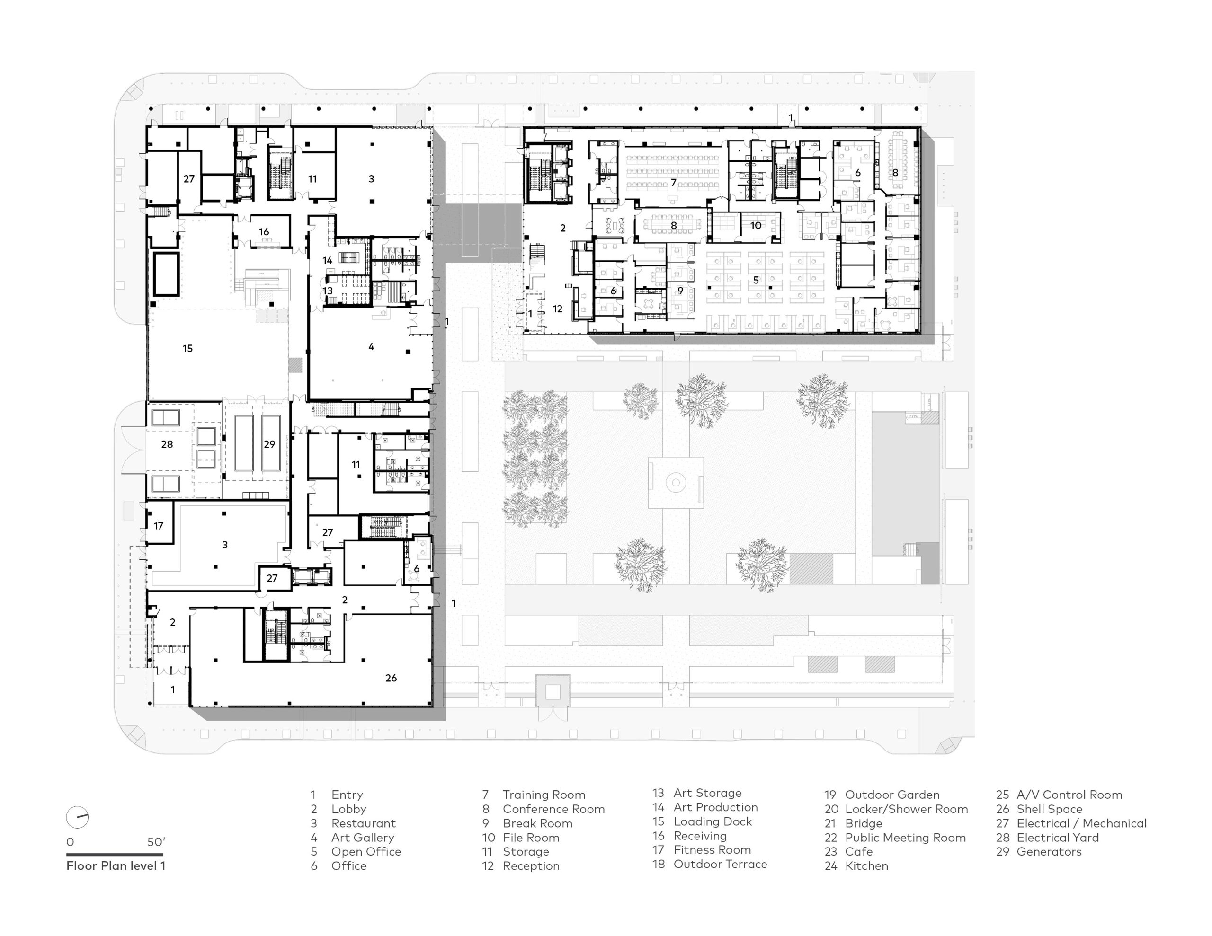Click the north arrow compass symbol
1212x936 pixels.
point(77,817)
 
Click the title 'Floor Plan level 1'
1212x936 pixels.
point(116,865)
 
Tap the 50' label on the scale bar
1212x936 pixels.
point(156,842)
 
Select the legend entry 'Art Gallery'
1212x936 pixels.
point(362,837)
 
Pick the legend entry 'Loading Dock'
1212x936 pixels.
point(713,821)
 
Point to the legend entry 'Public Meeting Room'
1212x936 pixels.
point(905,837)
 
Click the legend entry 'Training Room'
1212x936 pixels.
point(544,795)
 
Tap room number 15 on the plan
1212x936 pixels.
point(187,348)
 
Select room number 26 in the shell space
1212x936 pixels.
point(391,678)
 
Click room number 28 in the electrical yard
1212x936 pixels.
point(167,444)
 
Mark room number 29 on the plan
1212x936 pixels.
point(270,444)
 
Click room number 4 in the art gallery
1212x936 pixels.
point(371,347)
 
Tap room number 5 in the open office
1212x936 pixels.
point(756,280)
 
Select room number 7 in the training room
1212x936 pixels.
point(674,183)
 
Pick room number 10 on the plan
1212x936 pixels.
point(756,225)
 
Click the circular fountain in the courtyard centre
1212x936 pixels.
point(676,482)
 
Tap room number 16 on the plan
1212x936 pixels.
point(264,232)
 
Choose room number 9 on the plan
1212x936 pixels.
point(680,291)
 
